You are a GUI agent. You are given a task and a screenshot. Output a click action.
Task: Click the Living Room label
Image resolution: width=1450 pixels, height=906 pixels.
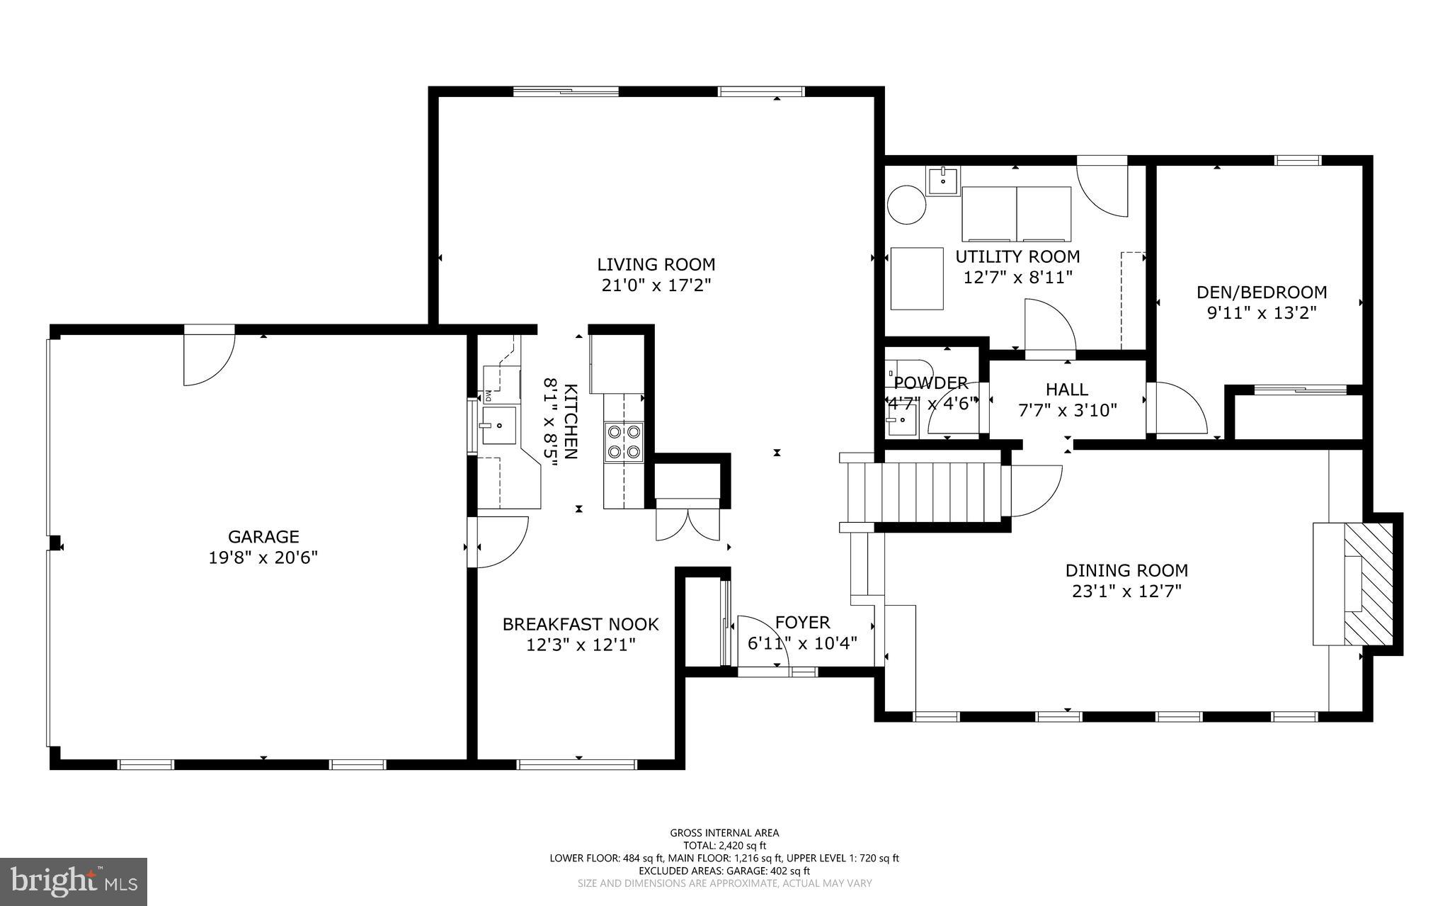656,265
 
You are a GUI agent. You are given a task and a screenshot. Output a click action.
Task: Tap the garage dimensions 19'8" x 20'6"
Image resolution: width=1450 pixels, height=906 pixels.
263,557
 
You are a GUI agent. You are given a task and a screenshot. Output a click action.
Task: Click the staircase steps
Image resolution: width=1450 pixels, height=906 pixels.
942,492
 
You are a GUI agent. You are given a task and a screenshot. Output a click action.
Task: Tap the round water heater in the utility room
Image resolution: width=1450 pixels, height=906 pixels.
907,205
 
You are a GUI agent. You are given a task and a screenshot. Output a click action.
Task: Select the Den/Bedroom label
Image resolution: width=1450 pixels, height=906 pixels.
1261,292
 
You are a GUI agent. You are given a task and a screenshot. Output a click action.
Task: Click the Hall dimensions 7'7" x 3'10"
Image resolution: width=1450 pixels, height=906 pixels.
1067,409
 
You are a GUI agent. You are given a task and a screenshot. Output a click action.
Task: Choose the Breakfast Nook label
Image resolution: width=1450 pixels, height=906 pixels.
581,624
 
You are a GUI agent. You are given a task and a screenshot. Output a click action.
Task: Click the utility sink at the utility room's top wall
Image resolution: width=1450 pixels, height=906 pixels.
943,180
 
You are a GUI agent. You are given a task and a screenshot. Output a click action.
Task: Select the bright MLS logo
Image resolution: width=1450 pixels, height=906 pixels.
74,881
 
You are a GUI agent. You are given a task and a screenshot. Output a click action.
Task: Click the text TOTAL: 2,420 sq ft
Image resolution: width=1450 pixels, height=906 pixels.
724,845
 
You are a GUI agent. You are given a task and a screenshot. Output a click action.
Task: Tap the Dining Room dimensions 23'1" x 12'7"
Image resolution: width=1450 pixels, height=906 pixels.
1126,591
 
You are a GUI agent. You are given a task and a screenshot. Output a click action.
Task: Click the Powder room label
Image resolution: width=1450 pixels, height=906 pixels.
930,383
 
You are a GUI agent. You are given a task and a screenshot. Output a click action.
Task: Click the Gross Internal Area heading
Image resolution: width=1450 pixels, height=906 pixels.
724,833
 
